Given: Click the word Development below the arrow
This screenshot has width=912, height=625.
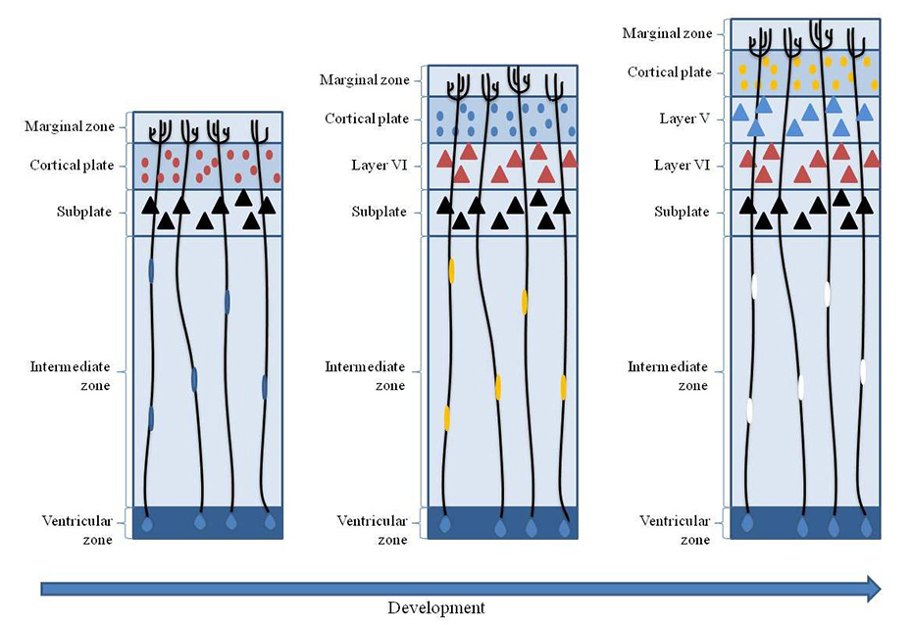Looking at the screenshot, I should pyautogui.click(x=435, y=607).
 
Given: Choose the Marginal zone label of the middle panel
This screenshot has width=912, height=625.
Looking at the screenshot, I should pyautogui.click(x=365, y=80).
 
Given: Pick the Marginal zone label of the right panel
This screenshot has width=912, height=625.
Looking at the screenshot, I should pyautogui.click(x=667, y=34).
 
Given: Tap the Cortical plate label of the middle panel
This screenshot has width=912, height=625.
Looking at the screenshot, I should pyautogui.click(x=366, y=120).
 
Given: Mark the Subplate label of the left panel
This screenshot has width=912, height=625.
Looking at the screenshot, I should pyautogui.click(x=85, y=212).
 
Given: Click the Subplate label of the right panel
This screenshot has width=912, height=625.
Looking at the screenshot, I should pyautogui.click(x=682, y=212).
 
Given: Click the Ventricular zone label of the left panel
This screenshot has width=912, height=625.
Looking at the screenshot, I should pyautogui.click(x=77, y=529).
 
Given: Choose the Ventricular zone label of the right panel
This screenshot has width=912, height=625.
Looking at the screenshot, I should pyautogui.click(x=675, y=529).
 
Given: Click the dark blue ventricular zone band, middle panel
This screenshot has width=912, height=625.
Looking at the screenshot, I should pyautogui.click(x=503, y=522).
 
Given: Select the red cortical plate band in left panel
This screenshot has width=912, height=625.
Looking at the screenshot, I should pyautogui.click(x=207, y=166).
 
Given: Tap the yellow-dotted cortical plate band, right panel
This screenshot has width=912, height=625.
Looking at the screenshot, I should pyautogui.click(x=804, y=72).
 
